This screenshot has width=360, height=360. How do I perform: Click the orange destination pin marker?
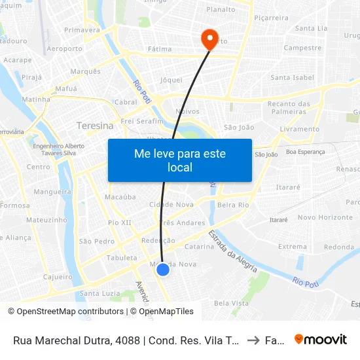point(210,38)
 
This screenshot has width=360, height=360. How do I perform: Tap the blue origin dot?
point(163,269)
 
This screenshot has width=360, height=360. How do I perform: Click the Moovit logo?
point(321,340)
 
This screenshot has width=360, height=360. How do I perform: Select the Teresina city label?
point(95,126)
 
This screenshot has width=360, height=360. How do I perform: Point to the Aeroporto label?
point(65,48)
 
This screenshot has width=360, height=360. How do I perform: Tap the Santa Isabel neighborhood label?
point(293,77)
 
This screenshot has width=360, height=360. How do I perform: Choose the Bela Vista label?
point(231,303)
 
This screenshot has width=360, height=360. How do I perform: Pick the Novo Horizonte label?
point(325,217)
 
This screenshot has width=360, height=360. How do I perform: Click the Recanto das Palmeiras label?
point(289,107)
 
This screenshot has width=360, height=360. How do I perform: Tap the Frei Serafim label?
point(141,122)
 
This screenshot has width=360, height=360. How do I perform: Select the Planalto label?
point(221,9)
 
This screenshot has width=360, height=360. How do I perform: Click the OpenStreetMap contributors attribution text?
point(66,312)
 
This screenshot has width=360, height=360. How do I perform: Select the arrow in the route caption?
point(254,340)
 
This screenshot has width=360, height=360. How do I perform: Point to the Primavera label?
point(82,30)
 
